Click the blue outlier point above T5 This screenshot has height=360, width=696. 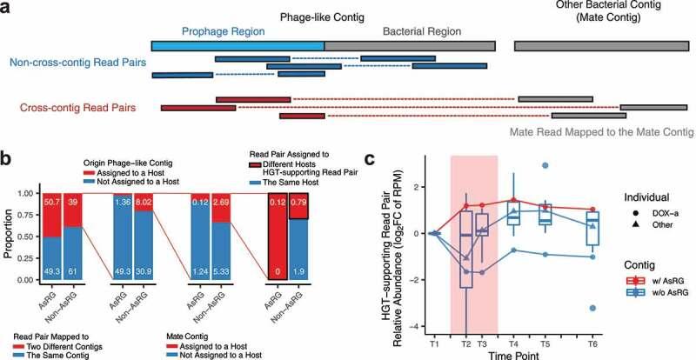click(x=545, y=165)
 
